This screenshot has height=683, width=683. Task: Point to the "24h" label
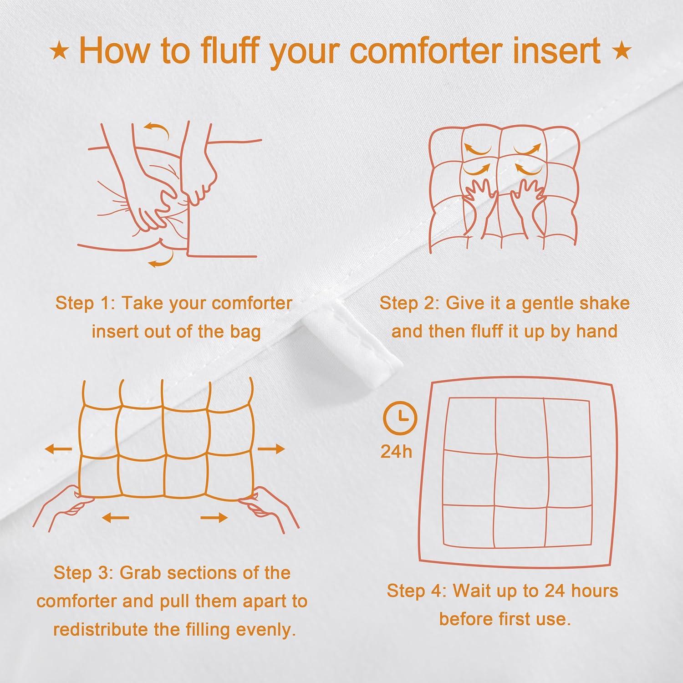pyautogui.click(x=396, y=452)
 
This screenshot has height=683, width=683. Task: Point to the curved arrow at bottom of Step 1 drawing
pyautogui.click(x=161, y=261)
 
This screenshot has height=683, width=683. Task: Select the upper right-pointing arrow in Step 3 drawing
pyautogui.click(x=271, y=449)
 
